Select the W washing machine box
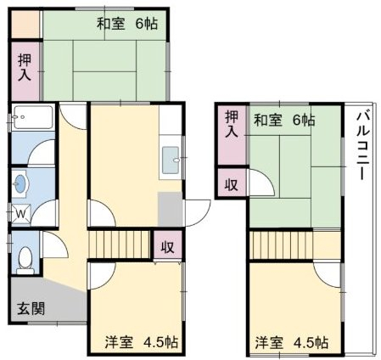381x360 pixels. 19,213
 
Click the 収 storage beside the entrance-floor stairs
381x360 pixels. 167,247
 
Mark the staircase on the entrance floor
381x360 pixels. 119,244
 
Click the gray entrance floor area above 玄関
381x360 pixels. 51,289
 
